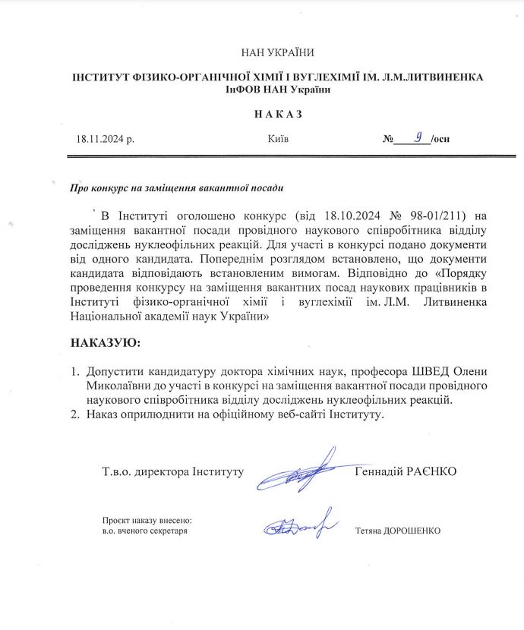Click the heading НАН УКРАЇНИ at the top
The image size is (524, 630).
277,52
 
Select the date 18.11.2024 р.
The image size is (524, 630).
104,140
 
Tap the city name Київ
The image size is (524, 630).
278,140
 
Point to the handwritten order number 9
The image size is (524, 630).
417,137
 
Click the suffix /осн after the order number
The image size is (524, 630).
440,140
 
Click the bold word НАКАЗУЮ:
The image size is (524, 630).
106,343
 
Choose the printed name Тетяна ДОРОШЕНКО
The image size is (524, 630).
397,531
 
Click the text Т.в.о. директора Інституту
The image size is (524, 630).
172,471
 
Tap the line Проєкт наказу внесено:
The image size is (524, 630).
147,520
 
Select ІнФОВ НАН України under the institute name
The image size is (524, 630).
277,90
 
